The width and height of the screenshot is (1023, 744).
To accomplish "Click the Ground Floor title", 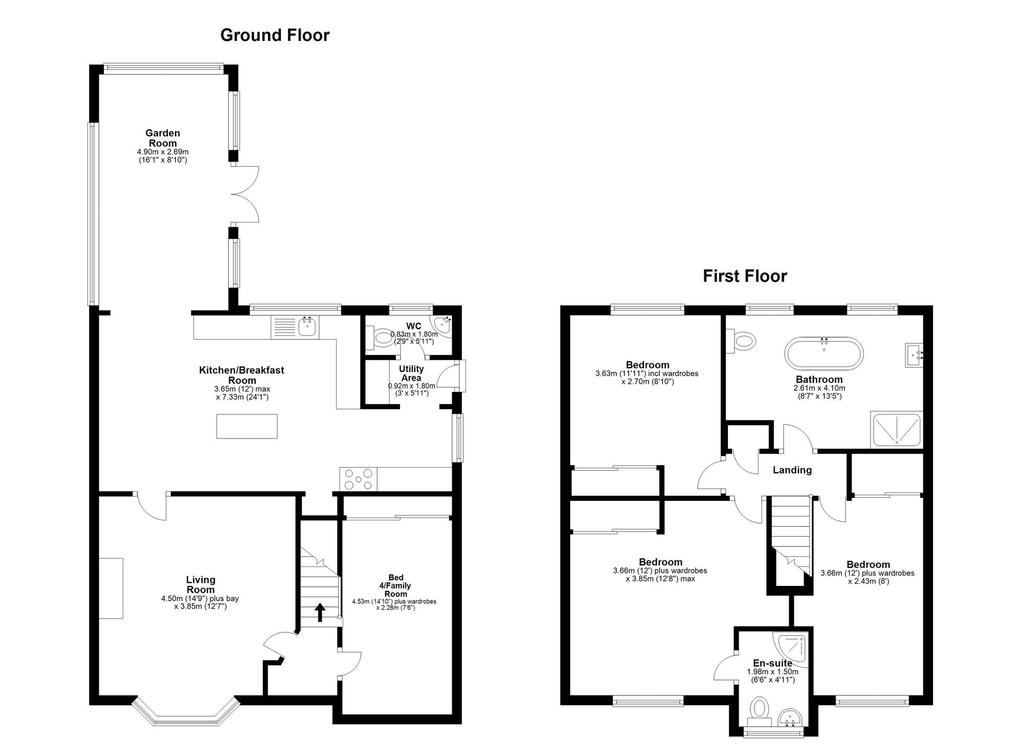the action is pyautogui.click(x=275, y=35).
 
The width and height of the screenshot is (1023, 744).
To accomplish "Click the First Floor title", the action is pyautogui.click(x=745, y=276).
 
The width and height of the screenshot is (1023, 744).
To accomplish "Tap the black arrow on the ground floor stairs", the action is pyautogui.click(x=320, y=612).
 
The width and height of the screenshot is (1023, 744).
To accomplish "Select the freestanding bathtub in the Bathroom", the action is pyautogui.click(x=824, y=353).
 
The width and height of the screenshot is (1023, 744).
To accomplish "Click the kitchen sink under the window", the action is pyautogui.click(x=307, y=327).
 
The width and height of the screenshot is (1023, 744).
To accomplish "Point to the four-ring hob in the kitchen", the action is pyautogui.click(x=358, y=479).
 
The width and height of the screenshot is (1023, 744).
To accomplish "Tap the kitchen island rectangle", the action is pyautogui.click(x=247, y=426).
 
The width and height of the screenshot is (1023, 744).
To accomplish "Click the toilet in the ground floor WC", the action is pyautogui.click(x=380, y=338).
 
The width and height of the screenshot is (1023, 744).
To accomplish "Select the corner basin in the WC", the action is pyautogui.click(x=442, y=325).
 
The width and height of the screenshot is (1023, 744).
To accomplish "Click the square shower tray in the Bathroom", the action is pyautogui.click(x=897, y=429).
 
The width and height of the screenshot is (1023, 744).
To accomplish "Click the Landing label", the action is pyautogui.click(x=792, y=470).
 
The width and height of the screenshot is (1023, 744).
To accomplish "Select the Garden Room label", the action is pyautogui.click(x=163, y=138).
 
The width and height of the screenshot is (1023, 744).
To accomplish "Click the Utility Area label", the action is pyautogui.click(x=411, y=374).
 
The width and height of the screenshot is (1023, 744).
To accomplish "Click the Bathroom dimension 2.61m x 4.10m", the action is pyautogui.click(x=819, y=388).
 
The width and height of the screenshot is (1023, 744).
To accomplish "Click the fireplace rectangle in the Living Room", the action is pyautogui.click(x=111, y=588).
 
